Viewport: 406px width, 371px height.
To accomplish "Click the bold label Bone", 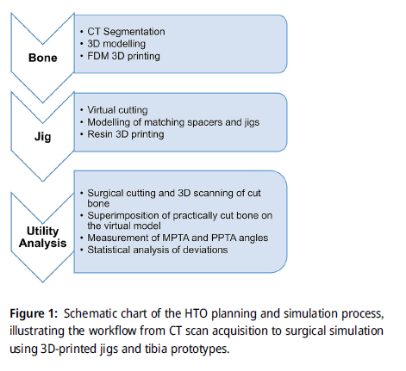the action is tap(43, 58).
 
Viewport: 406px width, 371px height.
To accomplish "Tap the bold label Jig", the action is tap(43, 137).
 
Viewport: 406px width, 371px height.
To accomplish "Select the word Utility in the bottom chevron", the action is tap(42, 232).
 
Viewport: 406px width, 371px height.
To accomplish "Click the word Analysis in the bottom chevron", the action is tap(42, 244).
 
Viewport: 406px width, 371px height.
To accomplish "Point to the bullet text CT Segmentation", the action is tap(126, 32).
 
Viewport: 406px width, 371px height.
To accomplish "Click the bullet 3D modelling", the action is tap(116, 44).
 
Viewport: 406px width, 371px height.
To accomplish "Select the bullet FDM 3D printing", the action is tap(123, 56).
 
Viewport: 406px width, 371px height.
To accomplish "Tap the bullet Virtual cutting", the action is tap(117, 110).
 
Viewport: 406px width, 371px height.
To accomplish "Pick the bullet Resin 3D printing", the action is tap(126, 134).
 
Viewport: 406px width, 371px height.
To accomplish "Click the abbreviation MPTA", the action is tap(175, 238).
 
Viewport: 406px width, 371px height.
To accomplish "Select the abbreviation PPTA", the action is tap(223, 238).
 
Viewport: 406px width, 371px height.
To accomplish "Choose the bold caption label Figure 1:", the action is tap(34, 313).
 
